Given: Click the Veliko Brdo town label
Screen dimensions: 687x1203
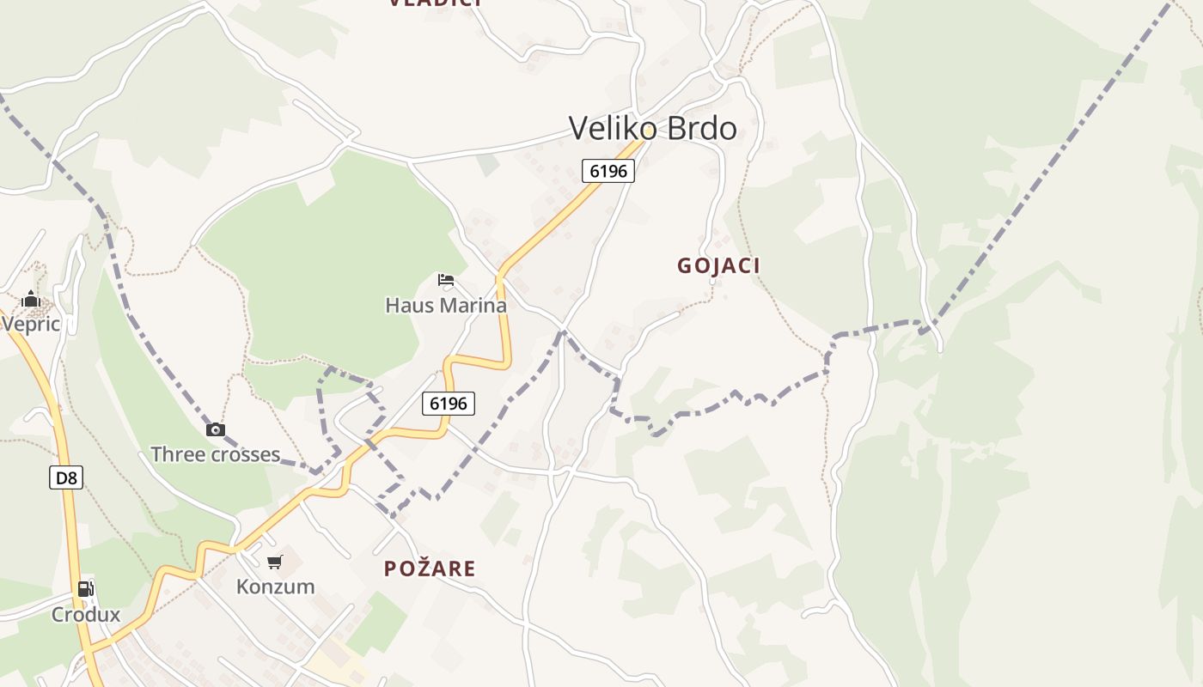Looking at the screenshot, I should [x=653, y=129].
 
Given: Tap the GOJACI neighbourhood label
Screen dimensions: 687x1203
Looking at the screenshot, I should [x=718, y=266].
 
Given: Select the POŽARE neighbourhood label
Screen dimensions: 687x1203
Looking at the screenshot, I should [x=430, y=568].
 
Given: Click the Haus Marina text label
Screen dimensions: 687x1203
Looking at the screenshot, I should [x=445, y=306].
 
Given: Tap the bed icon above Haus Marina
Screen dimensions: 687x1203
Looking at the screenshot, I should [x=445, y=279].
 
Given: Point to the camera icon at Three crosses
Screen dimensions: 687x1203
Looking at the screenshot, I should [x=216, y=429].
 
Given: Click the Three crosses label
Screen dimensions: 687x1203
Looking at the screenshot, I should [x=216, y=454].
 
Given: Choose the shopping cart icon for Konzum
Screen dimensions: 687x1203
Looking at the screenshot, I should [x=275, y=562].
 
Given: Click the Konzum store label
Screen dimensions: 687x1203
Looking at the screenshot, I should [x=275, y=587].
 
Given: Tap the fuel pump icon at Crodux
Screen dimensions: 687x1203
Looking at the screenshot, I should [x=85, y=589].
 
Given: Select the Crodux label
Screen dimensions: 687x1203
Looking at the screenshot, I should [x=85, y=615].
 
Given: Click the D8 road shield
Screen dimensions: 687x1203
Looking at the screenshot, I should [x=66, y=477].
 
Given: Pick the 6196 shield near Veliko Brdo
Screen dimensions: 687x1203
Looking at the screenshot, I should [x=608, y=171].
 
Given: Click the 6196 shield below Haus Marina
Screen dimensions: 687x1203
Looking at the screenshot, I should [x=449, y=404].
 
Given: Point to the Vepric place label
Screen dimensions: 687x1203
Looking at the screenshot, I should [x=31, y=324].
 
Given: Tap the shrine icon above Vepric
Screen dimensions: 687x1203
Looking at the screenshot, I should [x=31, y=299].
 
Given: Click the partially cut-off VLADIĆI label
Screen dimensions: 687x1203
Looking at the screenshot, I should [x=435, y=3].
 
